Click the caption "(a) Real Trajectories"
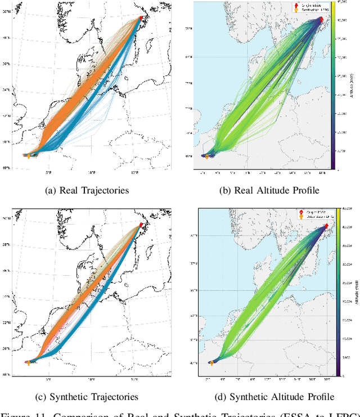click(x=87, y=190)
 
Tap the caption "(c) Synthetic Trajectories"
click(x=87, y=396)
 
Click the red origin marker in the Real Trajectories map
click(x=142, y=18)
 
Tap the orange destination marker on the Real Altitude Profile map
click(x=206, y=156)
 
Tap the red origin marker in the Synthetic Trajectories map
click(x=141, y=225)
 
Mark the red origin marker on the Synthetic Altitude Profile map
click(x=327, y=226)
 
